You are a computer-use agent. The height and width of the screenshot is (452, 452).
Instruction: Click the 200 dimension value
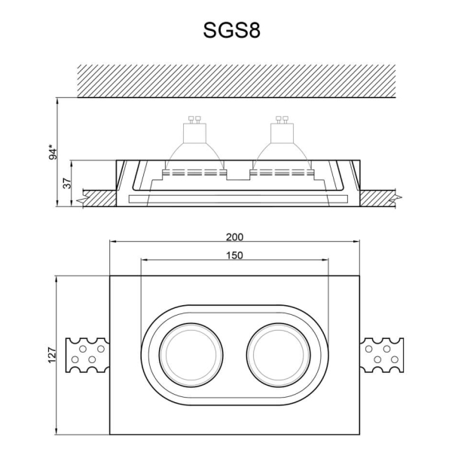click(x=234, y=236)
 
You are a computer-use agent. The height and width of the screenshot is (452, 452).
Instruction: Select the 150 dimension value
click(x=234, y=255)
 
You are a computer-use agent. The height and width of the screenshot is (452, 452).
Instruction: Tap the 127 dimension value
click(x=52, y=354)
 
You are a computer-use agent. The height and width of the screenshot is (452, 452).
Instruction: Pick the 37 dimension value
click(x=66, y=183)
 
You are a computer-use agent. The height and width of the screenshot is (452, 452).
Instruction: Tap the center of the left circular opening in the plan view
click(x=188, y=353)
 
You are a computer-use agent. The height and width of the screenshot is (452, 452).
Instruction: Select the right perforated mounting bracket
click(x=382, y=354)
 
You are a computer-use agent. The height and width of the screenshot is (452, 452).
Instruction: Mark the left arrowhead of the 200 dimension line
click(x=113, y=243)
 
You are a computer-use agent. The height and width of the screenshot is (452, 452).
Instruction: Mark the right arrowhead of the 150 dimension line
click(x=325, y=261)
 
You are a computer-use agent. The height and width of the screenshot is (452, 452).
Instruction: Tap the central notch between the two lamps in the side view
click(x=238, y=176)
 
